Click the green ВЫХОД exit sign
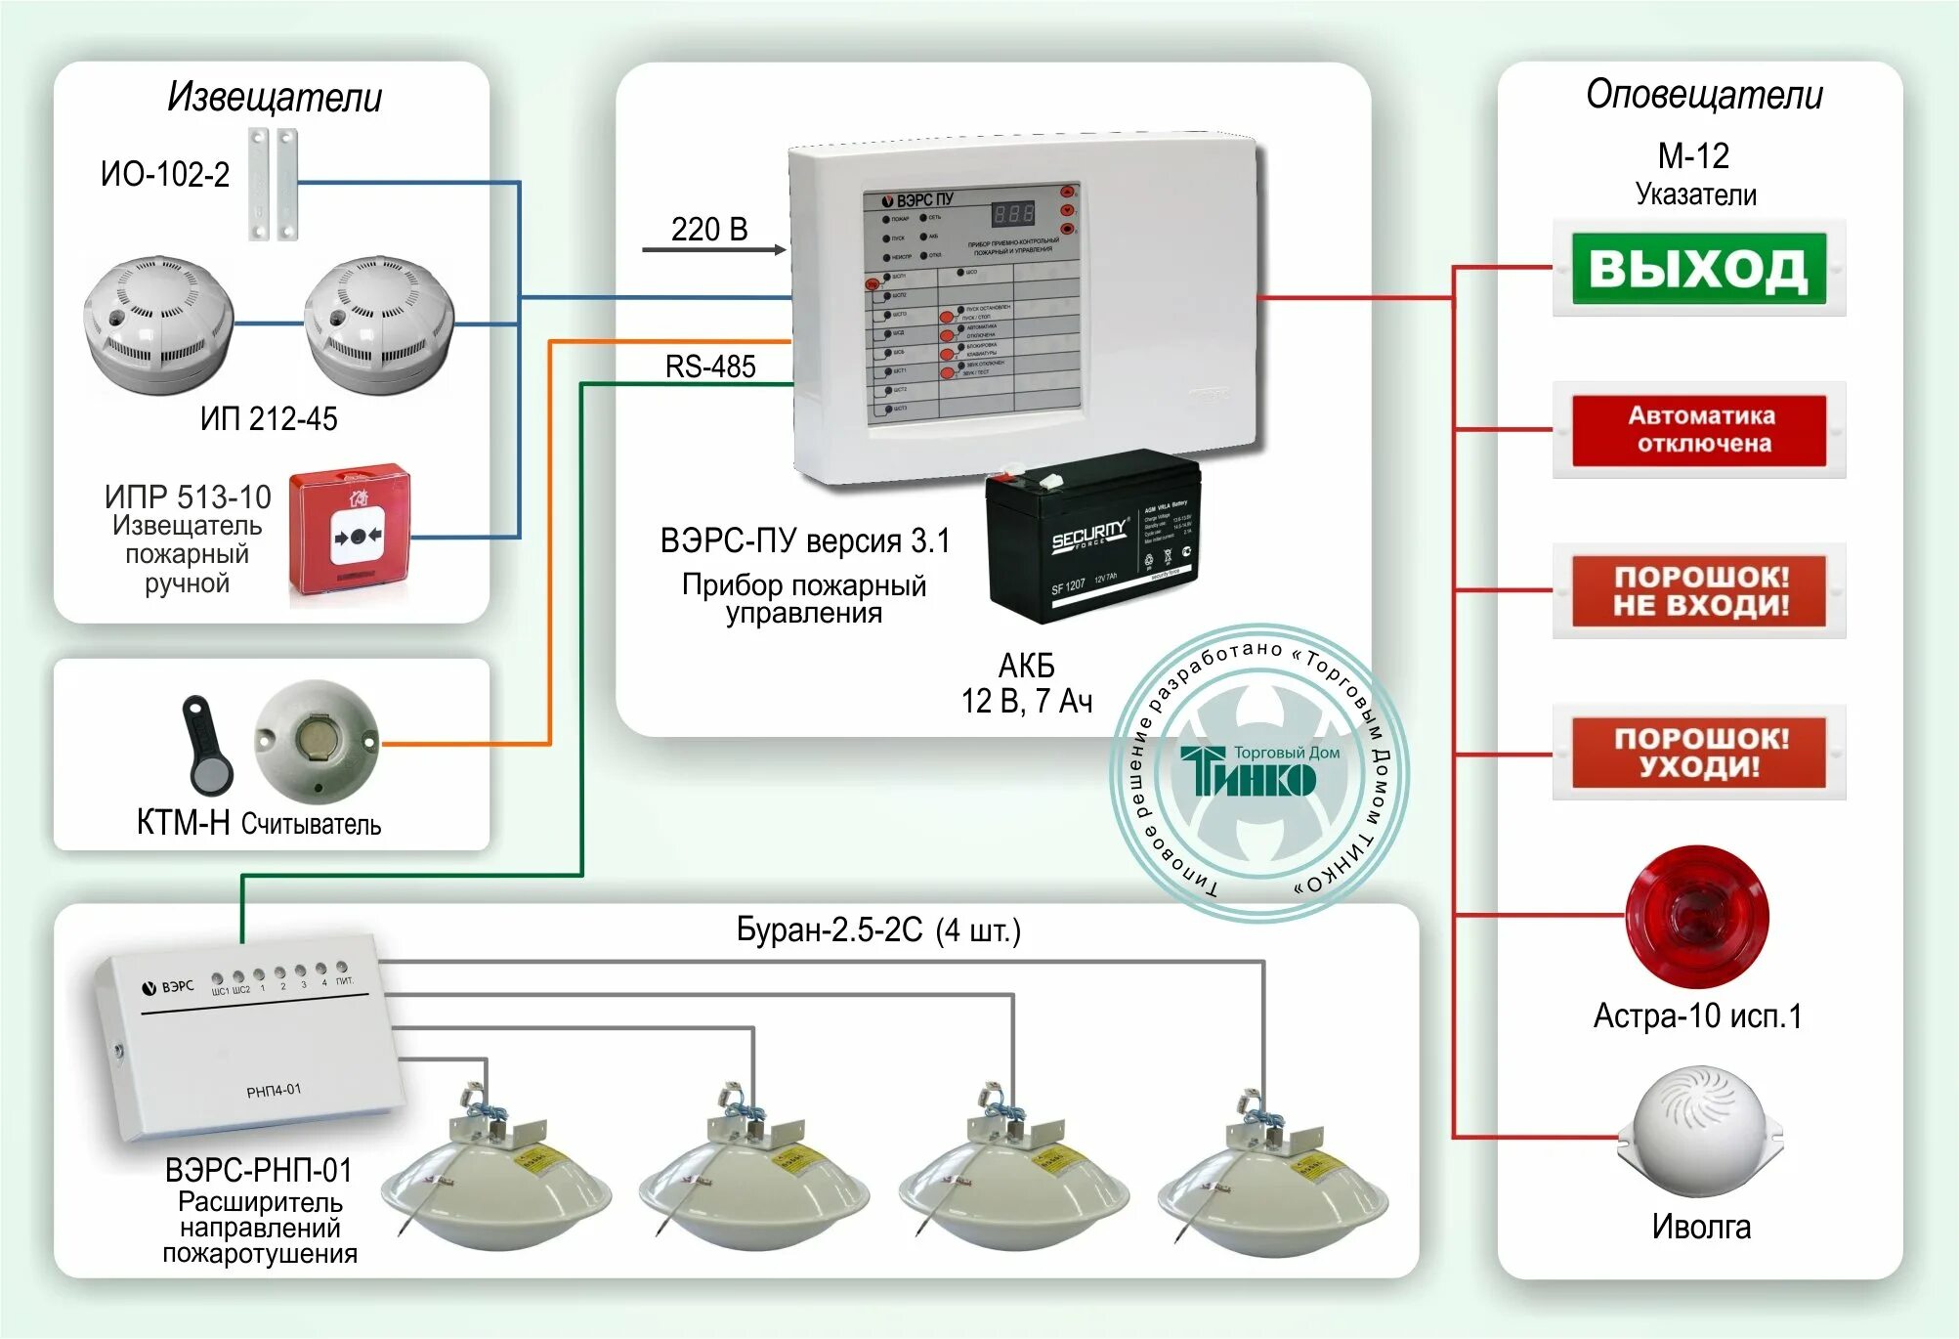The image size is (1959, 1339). point(1698,268)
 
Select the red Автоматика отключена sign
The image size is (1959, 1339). point(1698,430)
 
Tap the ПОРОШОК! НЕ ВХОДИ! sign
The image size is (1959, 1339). point(1698,591)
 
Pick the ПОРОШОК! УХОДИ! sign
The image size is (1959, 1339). point(1698,753)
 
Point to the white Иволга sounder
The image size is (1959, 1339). point(1699,1133)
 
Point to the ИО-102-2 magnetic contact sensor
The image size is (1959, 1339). point(273,184)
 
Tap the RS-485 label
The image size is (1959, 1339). point(710,367)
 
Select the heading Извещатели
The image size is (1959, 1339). point(275,97)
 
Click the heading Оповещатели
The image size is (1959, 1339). point(1704,95)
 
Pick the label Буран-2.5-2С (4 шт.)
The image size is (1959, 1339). point(877,929)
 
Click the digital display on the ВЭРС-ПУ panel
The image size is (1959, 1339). point(1012,214)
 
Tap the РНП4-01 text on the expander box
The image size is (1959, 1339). point(274,1090)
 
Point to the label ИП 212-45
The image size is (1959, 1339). point(269,419)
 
